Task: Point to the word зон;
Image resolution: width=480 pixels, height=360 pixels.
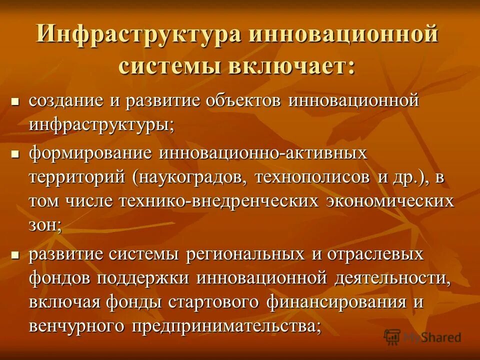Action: (x=45, y=226)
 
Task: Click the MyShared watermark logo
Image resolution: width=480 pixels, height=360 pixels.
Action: (x=422, y=337)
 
